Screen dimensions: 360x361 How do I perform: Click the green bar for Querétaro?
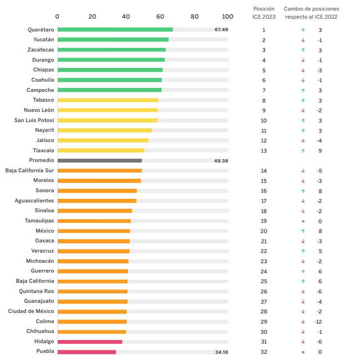coord(115,30)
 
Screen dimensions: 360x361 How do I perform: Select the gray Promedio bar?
coord(99,160)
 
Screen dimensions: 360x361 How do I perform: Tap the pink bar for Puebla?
coord(87,352)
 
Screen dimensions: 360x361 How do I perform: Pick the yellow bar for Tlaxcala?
coord(101,150)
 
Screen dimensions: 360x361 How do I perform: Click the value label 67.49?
coord(221,29)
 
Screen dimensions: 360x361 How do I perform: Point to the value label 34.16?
coord(221,352)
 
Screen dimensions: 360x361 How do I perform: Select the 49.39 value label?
coord(221,160)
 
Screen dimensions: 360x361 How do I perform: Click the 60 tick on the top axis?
coord(160,16)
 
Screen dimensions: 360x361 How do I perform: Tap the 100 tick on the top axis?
coord(227,16)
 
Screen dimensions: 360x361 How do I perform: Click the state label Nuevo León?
coord(39,110)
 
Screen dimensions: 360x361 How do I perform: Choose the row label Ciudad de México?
coord(31,311)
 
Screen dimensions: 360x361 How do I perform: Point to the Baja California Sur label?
coord(30,170)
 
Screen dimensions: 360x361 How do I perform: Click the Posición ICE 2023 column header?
coord(264,13)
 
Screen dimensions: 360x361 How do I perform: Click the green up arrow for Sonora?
coord(303,191)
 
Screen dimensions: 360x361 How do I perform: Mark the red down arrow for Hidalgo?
coord(303,341)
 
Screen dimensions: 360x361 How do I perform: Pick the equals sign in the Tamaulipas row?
coord(303,221)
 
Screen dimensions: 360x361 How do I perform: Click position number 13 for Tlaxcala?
coord(264,150)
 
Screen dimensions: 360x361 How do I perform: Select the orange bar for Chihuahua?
coord(91,332)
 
